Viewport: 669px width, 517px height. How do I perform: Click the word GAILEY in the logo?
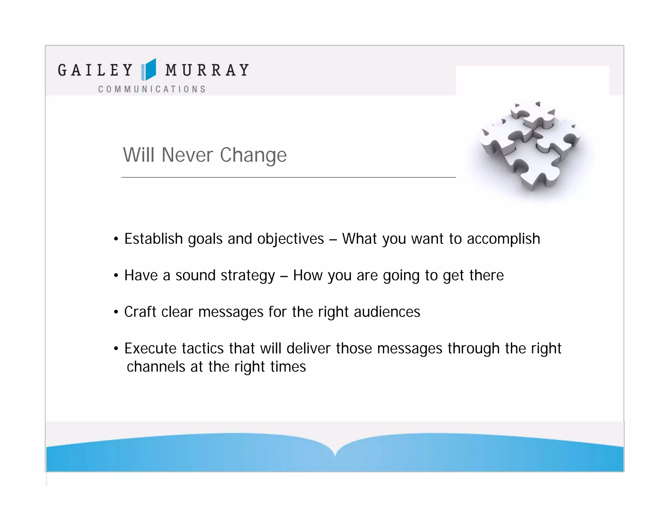[x=95, y=70]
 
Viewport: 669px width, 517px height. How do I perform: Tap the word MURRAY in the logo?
[x=207, y=70]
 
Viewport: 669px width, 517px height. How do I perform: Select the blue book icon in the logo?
[x=149, y=69]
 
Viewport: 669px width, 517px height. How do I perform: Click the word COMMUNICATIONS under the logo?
[x=152, y=89]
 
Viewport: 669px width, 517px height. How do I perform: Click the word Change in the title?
[x=253, y=155]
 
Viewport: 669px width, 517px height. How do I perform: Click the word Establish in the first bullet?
[x=153, y=239]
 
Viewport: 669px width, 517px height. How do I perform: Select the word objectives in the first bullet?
[x=290, y=239]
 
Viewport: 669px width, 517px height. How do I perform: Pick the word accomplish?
[x=503, y=239]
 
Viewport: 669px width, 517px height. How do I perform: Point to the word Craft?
[x=140, y=312]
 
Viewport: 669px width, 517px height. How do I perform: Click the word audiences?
[x=387, y=312]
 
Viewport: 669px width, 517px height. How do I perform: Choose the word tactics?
[x=203, y=348]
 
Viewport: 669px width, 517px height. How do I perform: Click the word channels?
[x=156, y=367]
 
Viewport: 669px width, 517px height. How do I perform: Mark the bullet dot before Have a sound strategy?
[x=116, y=275]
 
